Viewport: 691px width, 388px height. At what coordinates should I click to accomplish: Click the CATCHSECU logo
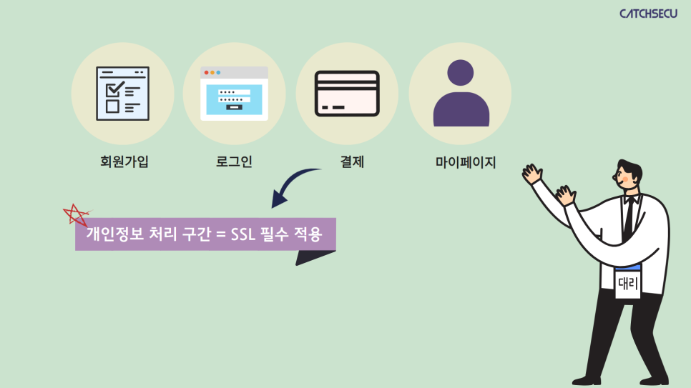pos(648,14)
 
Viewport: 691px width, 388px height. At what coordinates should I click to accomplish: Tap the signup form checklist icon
pos(122,94)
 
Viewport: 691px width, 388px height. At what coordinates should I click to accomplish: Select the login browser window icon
pos(234,94)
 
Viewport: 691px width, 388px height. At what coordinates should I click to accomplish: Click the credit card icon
pos(347,94)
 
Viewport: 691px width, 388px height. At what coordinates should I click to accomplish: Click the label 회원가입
pos(124,161)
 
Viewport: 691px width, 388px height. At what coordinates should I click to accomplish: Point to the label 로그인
pos(234,161)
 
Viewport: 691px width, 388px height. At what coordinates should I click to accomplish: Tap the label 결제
pos(352,161)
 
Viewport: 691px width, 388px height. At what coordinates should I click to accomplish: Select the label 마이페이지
pos(466,162)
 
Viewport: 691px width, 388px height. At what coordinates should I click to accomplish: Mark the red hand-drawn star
pos(77,215)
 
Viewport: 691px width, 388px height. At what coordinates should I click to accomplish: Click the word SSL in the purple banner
pos(242,234)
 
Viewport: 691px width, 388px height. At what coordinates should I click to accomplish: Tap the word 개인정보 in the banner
pos(114,234)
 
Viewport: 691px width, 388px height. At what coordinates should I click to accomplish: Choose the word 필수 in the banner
pos(275,234)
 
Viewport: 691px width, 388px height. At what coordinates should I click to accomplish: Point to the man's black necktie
pos(629,219)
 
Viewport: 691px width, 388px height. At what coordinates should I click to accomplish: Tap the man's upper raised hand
pos(532,174)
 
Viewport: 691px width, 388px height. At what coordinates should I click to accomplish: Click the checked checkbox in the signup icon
pos(114,89)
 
